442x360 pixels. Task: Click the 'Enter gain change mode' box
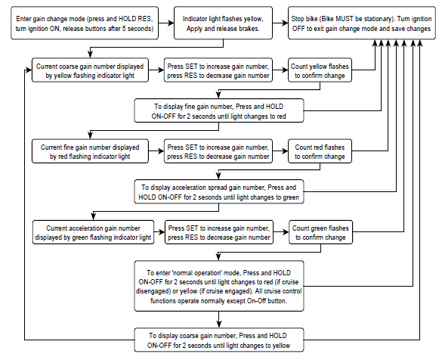pyautogui.click(x=85, y=23)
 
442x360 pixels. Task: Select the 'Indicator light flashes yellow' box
pyautogui.click(x=223, y=23)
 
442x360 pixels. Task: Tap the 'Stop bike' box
pyautogui.click(x=362, y=23)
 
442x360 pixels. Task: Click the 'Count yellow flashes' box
pyautogui.click(x=320, y=70)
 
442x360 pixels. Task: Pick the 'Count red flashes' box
pyautogui.click(x=320, y=151)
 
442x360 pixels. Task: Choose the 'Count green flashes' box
pyautogui.click(x=321, y=232)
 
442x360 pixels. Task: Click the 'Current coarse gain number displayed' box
pyautogui.click(x=90, y=70)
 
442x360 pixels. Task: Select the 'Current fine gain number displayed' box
pyautogui.click(x=90, y=151)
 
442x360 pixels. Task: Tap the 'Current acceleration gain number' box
pyautogui.click(x=93, y=232)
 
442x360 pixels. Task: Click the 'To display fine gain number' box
pyautogui.click(x=219, y=110)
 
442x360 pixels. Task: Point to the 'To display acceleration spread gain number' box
pyautogui.click(x=219, y=191)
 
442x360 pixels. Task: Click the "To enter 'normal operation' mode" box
pyautogui.click(x=219, y=286)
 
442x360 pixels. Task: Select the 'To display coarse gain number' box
pyautogui.click(x=219, y=340)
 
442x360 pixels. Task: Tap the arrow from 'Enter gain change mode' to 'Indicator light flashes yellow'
pyautogui.click(x=166, y=23)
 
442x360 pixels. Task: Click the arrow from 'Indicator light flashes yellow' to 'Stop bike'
pyautogui.click(x=280, y=23)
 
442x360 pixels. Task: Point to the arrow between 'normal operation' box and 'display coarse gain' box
pyautogui.click(x=219, y=320)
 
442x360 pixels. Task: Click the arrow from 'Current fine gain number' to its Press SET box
pyautogui.click(x=156, y=151)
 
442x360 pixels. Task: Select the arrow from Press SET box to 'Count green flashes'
pyautogui.click(x=281, y=232)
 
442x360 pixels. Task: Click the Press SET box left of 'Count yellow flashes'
pyautogui.click(x=218, y=70)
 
